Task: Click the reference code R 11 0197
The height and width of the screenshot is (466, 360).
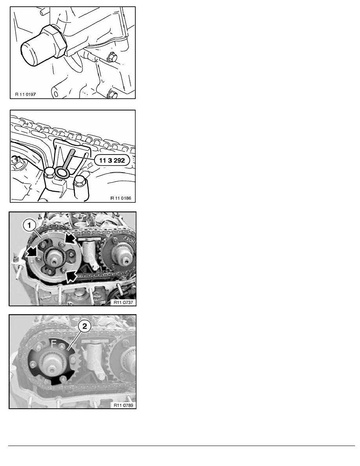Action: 25,95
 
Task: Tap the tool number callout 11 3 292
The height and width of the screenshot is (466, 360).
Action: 112,160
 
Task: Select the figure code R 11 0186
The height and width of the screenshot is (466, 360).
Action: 121,198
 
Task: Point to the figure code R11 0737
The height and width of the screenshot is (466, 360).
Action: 123,302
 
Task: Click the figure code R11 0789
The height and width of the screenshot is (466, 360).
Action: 123,405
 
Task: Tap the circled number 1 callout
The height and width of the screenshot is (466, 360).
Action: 29,226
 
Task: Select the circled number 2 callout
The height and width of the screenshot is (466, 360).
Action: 85,326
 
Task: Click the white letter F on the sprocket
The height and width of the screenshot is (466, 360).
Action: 53,344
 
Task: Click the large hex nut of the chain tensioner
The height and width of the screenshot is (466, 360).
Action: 53,41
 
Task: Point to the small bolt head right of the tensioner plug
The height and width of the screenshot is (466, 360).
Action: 112,57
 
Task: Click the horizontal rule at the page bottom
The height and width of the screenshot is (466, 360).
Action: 182,446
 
